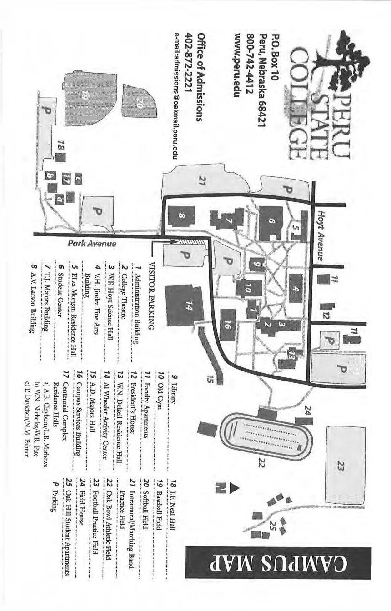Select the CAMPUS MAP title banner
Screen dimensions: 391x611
tap(278, 563)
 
